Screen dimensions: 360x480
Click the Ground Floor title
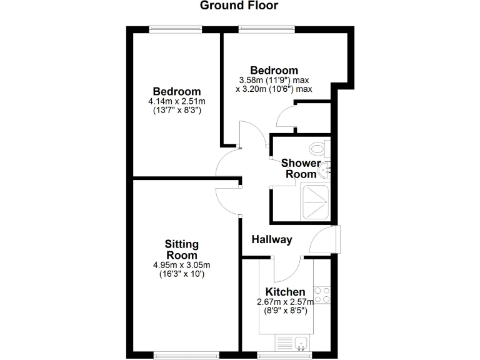[x=239, y=6]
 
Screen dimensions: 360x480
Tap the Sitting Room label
[x=181, y=249]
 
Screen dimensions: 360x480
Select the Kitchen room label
[x=286, y=292]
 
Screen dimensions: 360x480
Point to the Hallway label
[x=272, y=239]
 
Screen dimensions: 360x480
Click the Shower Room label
[x=301, y=169]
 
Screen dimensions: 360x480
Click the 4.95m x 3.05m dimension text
[x=181, y=265]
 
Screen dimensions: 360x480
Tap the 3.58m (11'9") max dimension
[x=274, y=80]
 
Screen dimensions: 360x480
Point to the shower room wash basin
[x=324, y=169]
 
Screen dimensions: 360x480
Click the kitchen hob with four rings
[x=322, y=294]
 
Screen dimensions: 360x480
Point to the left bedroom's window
[x=176, y=27]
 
